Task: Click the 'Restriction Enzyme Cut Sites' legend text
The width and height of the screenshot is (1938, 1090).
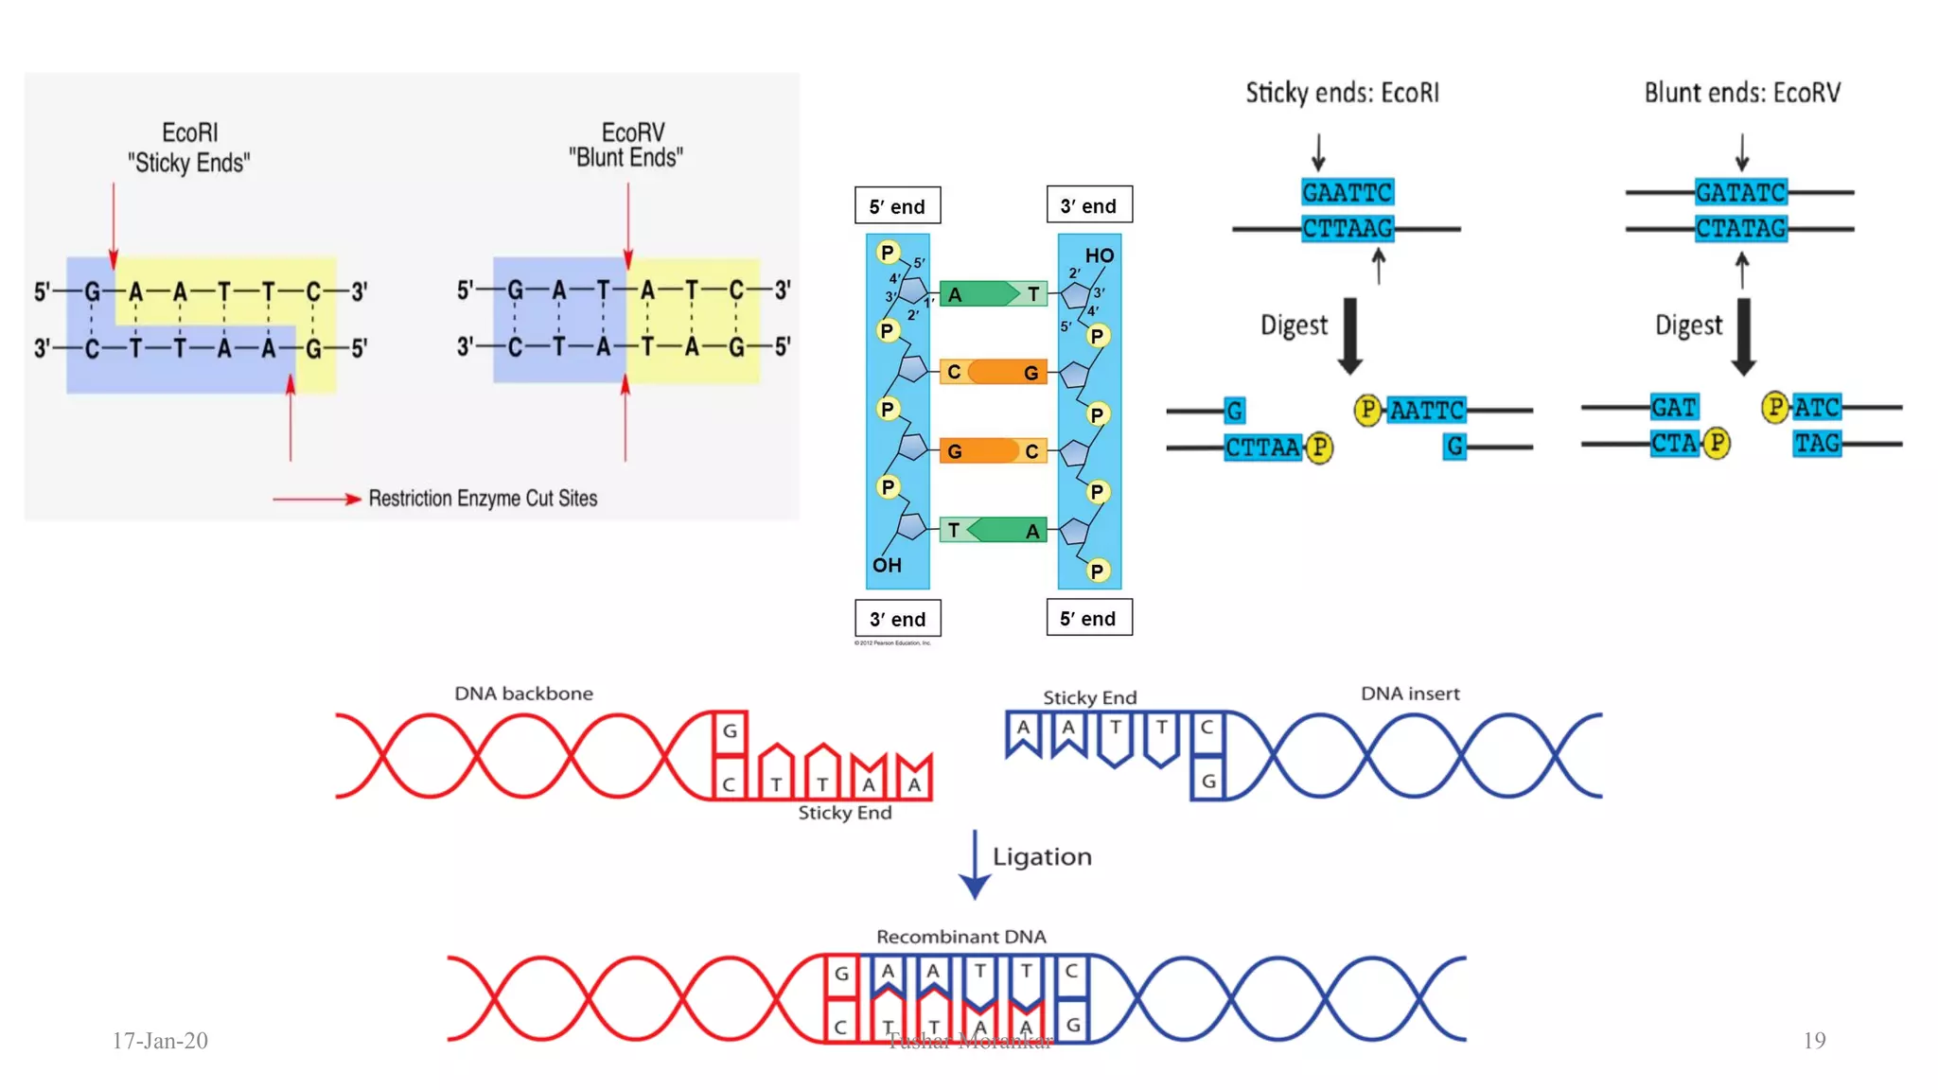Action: pyautogui.click(x=483, y=499)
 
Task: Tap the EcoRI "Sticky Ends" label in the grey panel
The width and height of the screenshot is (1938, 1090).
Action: pyautogui.click(x=189, y=148)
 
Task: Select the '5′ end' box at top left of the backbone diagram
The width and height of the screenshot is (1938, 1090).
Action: pyautogui.click(x=897, y=206)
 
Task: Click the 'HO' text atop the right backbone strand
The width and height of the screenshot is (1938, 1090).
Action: pyautogui.click(x=1099, y=255)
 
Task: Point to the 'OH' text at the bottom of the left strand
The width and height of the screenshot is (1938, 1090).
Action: pyautogui.click(x=887, y=565)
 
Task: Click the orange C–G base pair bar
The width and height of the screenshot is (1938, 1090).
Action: pyautogui.click(x=993, y=372)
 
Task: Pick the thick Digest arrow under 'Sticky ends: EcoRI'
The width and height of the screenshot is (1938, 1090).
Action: pyautogui.click(x=1350, y=336)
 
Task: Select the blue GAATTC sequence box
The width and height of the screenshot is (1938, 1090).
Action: pyautogui.click(x=1347, y=193)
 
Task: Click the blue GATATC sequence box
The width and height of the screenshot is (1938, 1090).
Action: pyautogui.click(x=1740, y=193)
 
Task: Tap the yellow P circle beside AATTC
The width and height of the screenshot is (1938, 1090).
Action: pyautogui.click(x=1366, y=410)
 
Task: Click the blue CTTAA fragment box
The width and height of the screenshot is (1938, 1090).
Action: pyautogui.click(x=1262, y=447)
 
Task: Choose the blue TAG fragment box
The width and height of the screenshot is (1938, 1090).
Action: pyautogui.click(x=1817, y=443)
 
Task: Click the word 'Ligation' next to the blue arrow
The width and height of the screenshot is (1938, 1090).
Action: pyautogui.click(x=1042, y=857)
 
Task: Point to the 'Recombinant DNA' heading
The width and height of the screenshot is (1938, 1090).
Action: pyautogui.click(x=960, y=937)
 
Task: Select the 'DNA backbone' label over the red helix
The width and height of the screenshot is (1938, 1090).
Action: pyautogui.click(x=523, y=694)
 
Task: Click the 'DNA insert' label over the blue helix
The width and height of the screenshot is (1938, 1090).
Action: pyautogui.click(x=1410, y=694)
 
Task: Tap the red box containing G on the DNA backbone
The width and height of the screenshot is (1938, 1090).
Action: pyautogui.click(x=730, y=731)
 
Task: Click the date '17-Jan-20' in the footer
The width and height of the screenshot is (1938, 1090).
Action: pyautogui.click(x=160, y=1041)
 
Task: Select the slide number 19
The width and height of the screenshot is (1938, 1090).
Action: pyautogui.click(x=1813, y=1041)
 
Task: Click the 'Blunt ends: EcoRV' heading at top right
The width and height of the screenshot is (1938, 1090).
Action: pyautogui.click(x=1742, y=93)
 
